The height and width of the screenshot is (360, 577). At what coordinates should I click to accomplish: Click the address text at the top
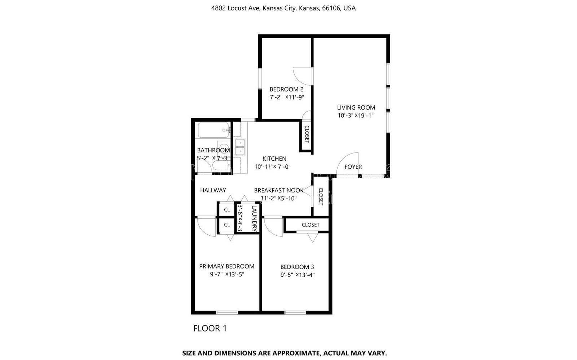click(283, 8)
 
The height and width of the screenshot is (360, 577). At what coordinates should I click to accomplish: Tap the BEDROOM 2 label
click(286, 89)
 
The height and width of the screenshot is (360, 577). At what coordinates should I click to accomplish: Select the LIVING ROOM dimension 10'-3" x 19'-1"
click(356, 116)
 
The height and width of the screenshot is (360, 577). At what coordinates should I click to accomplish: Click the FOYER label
click(353, 167)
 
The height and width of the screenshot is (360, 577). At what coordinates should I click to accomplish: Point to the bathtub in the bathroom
click(213, 130)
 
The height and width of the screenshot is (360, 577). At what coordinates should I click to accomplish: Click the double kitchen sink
click(240, 147)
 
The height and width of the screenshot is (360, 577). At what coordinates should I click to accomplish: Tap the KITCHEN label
click(274, 159)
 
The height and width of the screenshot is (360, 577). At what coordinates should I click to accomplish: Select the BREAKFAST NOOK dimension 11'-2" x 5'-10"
click(279, 199)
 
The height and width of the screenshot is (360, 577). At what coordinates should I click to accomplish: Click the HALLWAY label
click(213, 190)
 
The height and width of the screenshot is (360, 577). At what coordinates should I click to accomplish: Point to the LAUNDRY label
click(255, 218)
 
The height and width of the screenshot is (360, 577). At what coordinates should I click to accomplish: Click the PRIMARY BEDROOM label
click(227, 266)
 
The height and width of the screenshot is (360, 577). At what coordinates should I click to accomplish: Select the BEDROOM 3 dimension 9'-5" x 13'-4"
click(298, 275)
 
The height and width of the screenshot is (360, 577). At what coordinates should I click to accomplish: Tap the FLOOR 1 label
click(210, 328)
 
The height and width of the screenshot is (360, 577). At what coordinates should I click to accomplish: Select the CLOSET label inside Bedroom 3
click(310, 225)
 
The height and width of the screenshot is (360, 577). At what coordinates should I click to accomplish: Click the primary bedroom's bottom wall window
click(227, 313)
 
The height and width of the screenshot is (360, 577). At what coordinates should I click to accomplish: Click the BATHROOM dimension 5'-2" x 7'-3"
click(213, 158)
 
